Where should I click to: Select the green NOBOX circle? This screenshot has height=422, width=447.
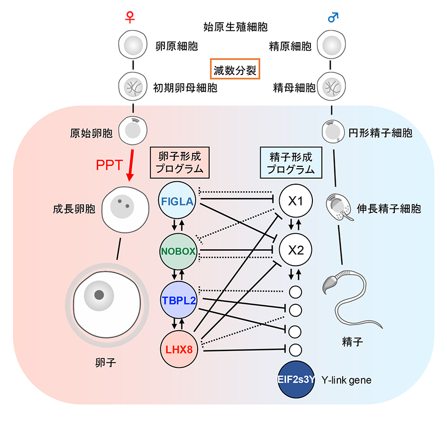177,251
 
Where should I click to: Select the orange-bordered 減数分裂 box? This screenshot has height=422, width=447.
235,70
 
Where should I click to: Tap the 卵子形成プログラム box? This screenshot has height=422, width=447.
179,162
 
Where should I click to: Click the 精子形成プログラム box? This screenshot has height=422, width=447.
291,162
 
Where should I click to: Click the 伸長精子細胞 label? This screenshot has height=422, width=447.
389,209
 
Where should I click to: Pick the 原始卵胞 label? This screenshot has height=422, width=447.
91,133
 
